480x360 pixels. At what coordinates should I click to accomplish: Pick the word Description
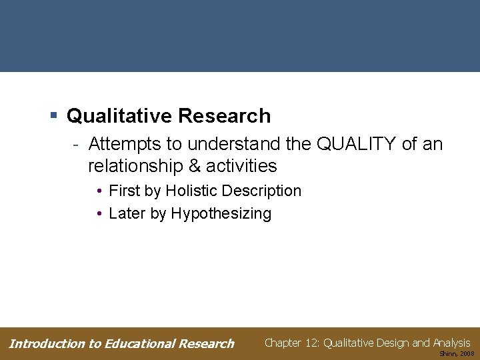point(261,191)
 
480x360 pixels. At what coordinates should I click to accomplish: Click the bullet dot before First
point(98,191)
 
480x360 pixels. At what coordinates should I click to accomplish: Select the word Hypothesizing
point(221,213)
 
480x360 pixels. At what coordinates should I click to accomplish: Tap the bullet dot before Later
point(98,214)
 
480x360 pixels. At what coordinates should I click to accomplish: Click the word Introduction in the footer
point(46,344)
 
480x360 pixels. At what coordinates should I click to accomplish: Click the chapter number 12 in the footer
point(311,343)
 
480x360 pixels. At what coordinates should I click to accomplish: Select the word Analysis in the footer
point(451,343)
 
